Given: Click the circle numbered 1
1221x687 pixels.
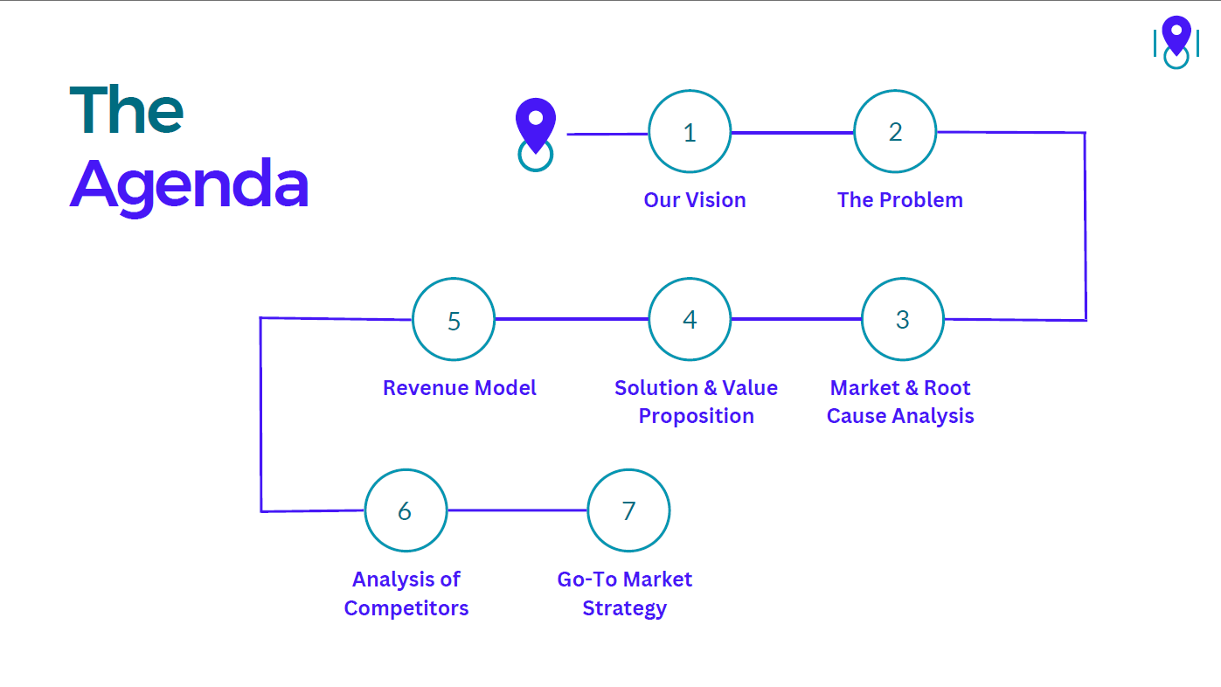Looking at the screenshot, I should (x=690, y=132).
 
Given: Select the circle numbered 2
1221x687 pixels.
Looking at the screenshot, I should (x=895, y=132).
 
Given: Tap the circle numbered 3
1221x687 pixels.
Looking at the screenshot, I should (x=903, y=319).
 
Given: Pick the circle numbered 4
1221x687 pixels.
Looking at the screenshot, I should (x=690, y=319).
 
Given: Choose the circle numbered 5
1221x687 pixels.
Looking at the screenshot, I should (x=454, y=320).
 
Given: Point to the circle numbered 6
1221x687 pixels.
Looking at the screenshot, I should (x=406, y=510).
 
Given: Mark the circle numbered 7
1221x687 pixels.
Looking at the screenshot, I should (x=628, y=510).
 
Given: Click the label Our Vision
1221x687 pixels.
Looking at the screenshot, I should (x=695, y=200).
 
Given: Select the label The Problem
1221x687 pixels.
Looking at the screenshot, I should (x=899, y=200).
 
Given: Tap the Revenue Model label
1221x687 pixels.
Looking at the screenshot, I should (x=460, y=388).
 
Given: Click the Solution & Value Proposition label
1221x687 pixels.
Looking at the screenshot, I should (x=696, y=402).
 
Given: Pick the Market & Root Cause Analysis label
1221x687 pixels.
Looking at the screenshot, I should (x=900, y=402).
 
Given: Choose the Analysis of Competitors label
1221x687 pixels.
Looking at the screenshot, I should (x=406, y=593).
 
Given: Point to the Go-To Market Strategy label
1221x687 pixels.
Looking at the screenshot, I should (x=624, y=593).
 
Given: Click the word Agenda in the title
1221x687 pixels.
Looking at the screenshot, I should (x=189, y=184).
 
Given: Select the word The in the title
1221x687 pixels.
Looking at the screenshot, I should (x=127, y=110).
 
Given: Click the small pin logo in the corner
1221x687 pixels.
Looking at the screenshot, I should (x=1176, y=40).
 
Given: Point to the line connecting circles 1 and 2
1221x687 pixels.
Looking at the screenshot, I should (x=792, y=133).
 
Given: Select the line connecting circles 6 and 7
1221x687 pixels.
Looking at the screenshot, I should (x=517, y=510).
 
